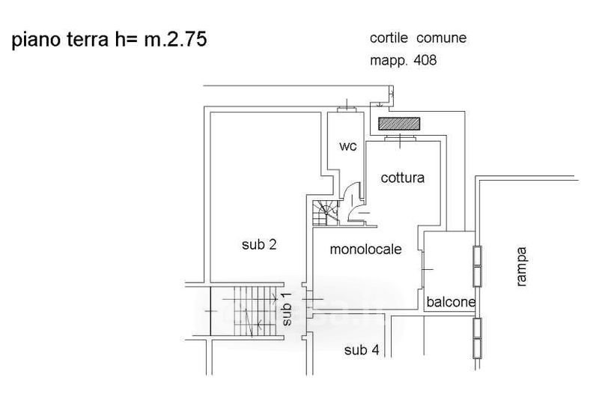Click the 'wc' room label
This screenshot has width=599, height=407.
tap(347, 146)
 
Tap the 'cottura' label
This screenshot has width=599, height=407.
tap(402, 178)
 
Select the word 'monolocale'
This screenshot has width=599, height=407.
tap(366, 250)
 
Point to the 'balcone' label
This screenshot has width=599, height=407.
tap(451, 302)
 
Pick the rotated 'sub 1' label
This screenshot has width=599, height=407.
tap(288, 309)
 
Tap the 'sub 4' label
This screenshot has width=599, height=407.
tap(361, 349)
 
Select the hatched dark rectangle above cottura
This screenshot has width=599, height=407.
tap(400, 123)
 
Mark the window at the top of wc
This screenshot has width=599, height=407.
tap(347, 109)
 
